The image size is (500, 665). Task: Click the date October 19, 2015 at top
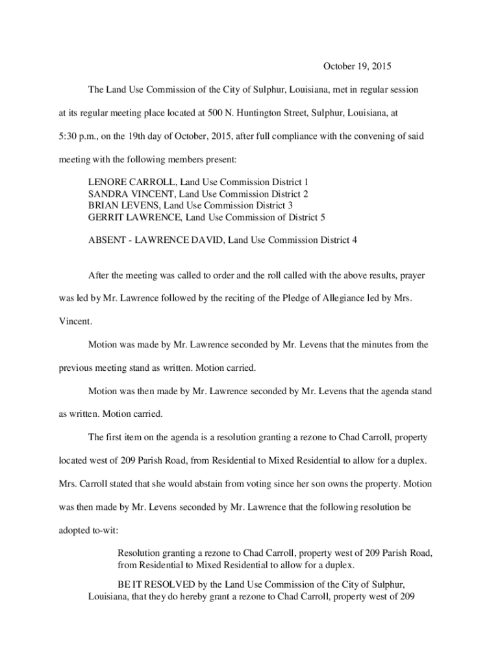(358, 66)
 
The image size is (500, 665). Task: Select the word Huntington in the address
(265, 112)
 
